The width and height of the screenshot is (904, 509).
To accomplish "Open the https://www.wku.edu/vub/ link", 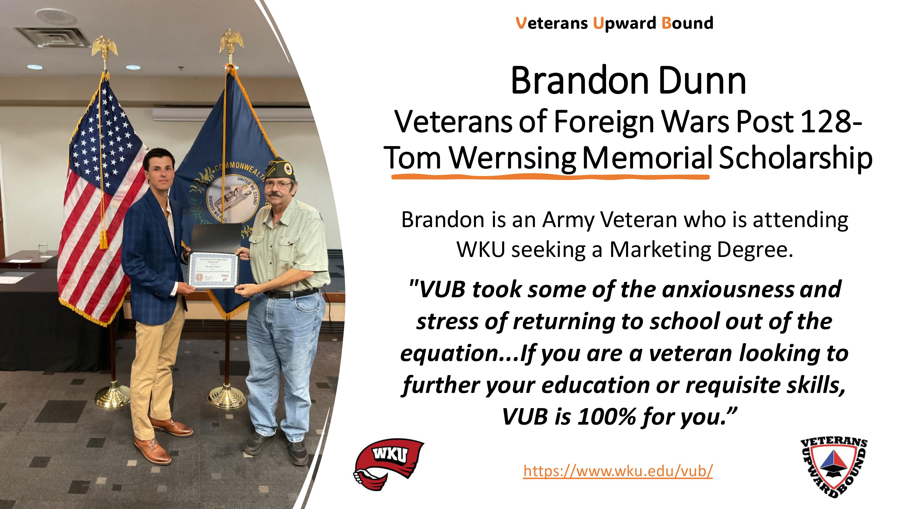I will (618, 471).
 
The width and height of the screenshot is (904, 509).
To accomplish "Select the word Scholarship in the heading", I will (795, 158).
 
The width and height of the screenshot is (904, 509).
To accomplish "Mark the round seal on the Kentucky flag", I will (232, 198).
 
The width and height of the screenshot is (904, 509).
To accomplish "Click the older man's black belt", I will (291, 294).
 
